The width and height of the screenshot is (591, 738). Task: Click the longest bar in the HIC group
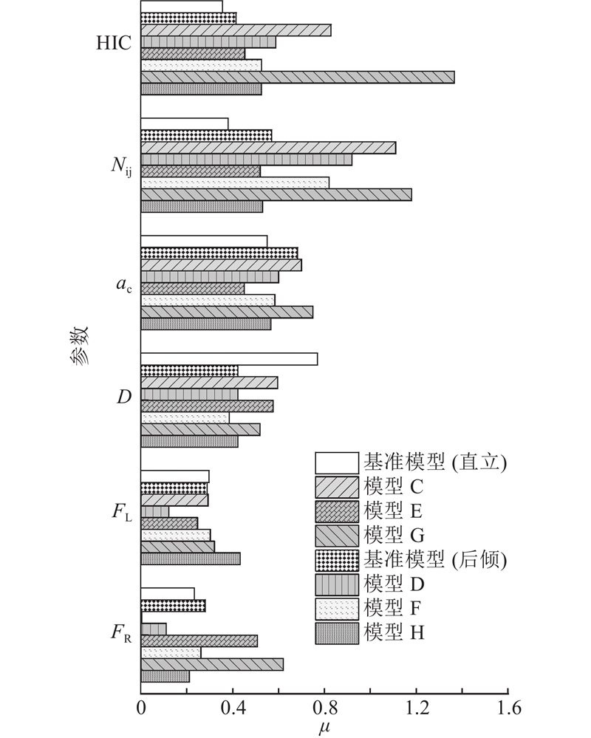click(298, 77)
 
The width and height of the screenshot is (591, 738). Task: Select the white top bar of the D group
click(229, 358)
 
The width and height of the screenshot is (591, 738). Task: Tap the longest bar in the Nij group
click(276, 194)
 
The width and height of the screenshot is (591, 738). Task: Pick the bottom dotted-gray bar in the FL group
click(191, 558)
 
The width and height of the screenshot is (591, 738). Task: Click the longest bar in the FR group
click(212, 664)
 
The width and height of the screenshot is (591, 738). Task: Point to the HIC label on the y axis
click(114, 43)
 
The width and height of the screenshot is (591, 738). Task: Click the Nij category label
click(121, 165)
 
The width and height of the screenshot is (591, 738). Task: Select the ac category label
click(124, 284)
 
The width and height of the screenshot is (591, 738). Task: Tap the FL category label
click(122, 512)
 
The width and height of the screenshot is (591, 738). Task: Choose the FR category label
click(121, 633)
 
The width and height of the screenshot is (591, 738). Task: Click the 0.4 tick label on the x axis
click(233, 708)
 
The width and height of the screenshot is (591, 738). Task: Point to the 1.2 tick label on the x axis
click(417, 708)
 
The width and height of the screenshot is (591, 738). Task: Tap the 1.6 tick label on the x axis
click(508, 708)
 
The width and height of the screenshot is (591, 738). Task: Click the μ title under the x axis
click(324, 728)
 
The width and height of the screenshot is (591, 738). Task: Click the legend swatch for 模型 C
click(337, 488)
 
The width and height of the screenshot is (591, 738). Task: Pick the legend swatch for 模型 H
click(337, 634)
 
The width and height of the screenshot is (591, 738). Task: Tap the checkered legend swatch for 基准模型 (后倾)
click(337, 561)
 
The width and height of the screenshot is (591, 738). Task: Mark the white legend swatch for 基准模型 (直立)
click(337, 463)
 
